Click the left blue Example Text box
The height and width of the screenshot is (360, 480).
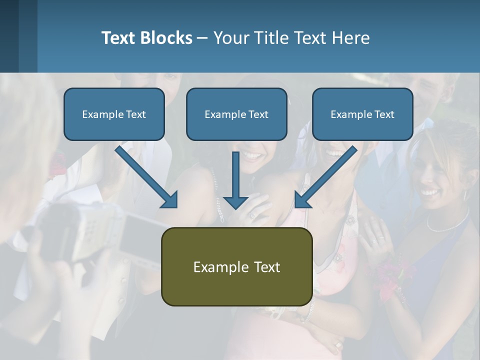pos(114,114)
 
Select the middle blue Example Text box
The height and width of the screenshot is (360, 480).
pos(236,114)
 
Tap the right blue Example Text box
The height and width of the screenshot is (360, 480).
pos(362,114)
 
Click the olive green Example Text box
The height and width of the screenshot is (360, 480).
pos(236,266)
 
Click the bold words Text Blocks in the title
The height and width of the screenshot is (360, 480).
pos(146,37)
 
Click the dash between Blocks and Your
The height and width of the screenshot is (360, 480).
pos(202,38)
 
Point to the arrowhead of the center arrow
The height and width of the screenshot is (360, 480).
pos(235,202)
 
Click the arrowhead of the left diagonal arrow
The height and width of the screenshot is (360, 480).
pos(170,200)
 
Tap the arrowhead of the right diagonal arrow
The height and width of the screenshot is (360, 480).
pos(302,200)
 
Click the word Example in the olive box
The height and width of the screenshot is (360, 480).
pos(216,266)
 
